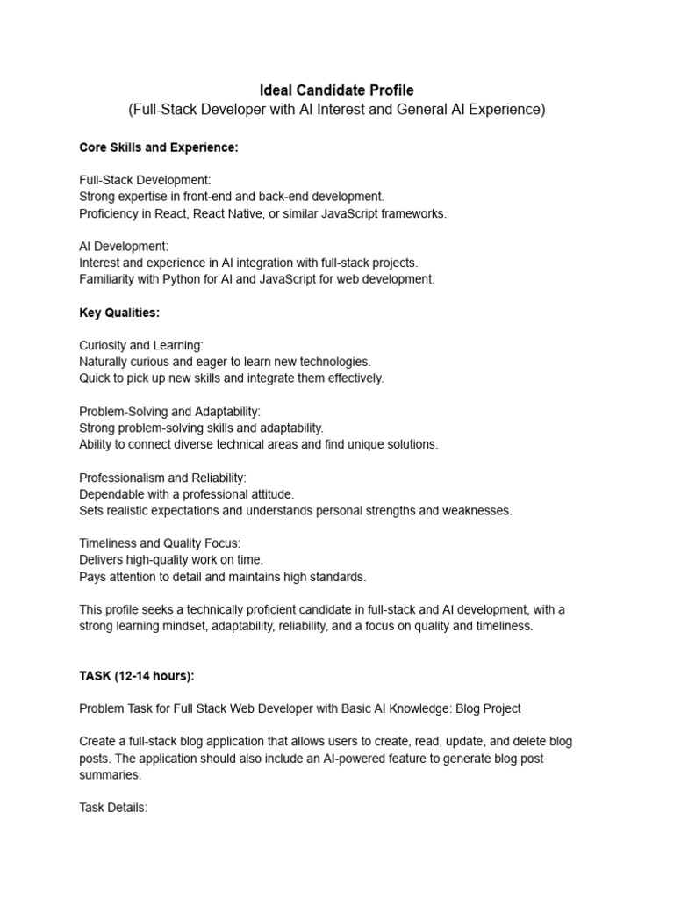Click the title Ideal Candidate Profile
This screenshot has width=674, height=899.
[336, 90]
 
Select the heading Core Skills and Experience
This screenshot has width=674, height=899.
[159, 147]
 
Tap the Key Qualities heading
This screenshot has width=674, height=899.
[119, 313]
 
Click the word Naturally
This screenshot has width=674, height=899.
[106, 362]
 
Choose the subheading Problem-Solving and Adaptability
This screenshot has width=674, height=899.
[170, 411]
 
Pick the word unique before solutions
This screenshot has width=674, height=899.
[357, 444]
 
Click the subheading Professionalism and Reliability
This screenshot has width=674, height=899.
[163, 478]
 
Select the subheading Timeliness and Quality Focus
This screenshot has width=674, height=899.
[160, 543]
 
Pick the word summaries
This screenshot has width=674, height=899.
[110, 775]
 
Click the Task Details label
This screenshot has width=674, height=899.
[113, 807]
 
